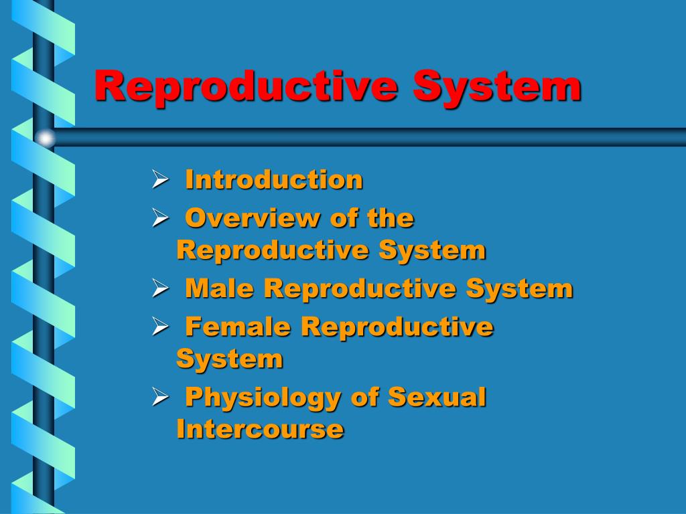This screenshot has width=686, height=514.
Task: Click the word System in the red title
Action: [497, 86]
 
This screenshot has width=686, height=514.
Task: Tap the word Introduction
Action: [274, 179]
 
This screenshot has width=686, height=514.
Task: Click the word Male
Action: [219, 288]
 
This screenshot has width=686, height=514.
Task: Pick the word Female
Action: [238, 327]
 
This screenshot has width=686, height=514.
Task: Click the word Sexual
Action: [437, 397]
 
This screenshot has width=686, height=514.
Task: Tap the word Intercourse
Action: [260, 429]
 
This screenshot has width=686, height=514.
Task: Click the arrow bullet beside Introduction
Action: [160, 179]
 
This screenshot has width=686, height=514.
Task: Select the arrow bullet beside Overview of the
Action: [160, 218]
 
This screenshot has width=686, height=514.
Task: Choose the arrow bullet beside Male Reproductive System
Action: [160, 288]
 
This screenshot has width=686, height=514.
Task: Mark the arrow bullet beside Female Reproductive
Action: [160, 327]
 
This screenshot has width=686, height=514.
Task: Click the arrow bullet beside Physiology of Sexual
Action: [160, 397]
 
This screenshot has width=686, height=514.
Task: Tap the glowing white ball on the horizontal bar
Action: [45, 138]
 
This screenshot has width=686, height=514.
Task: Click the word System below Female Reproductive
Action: [230, 360]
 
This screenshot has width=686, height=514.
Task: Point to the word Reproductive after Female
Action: [397, 328]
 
